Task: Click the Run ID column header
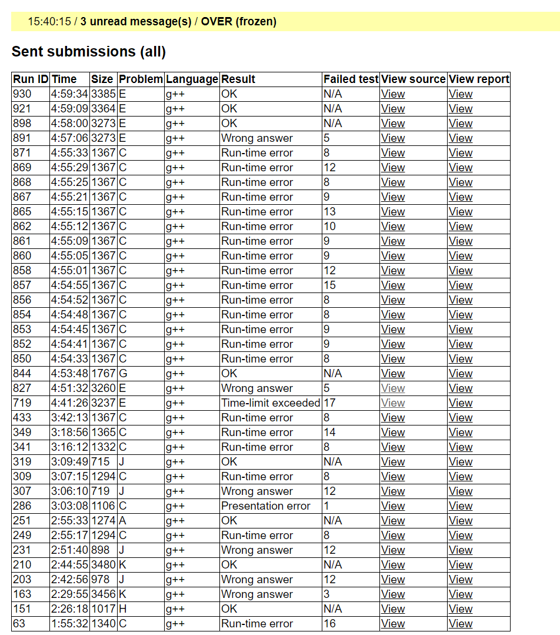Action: click(x=31, y=79)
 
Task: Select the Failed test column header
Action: click(x=351, y=79)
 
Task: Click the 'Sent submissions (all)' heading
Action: click(x=89, y=52)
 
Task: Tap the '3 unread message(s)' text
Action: click(x=136, y=22)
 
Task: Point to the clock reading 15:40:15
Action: click(x=49, y=22)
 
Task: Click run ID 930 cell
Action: click(x=22, y=94)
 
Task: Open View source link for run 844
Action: click(x=392, y=373)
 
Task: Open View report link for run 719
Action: click(x=460, y=403)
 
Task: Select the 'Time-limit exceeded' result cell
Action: click(x=271, y=403)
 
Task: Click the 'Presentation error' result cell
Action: click(x=265, y=506)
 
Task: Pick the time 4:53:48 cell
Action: click(x=69, y=373)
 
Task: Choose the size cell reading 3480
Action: click(x=104, y=564)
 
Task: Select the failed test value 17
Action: click(x=329, y=403)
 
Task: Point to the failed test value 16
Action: click(x=329, y=623)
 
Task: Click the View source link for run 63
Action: click(x=392, y=623)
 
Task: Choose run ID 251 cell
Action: click(x=22, y=520)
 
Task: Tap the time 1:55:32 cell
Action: click(x=69, y=623)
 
